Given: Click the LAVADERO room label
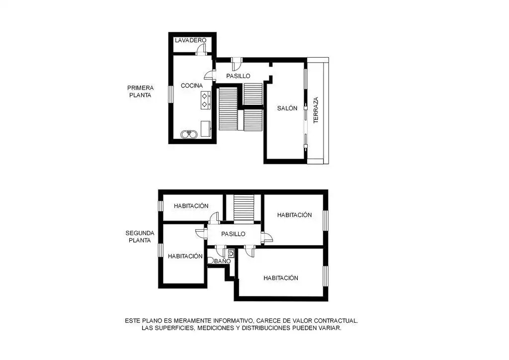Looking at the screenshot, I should pos(190,40).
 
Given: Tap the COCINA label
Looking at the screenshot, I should pos(192,86).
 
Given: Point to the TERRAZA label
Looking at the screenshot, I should pos(316,110).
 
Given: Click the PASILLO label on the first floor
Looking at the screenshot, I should pos(238,76).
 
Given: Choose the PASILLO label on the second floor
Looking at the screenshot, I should pos(233,234).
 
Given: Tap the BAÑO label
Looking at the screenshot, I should pos(223,261).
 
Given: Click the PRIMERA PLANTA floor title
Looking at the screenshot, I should pos(140,91).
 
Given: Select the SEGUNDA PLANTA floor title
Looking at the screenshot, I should pos(140,236).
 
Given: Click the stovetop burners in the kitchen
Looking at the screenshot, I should pos(204,100).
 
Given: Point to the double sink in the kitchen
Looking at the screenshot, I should pos(189,133).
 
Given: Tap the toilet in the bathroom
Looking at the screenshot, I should pos(211,261).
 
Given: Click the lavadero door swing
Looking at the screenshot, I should pos(201,48).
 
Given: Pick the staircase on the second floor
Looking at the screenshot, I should pos(244,207).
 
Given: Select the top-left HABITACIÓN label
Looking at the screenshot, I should pos(191,206).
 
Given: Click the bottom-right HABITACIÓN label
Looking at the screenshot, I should pos(281,278).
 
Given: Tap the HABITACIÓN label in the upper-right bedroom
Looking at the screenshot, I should pos(295,215).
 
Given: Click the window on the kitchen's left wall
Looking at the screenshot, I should pos(170,94).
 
